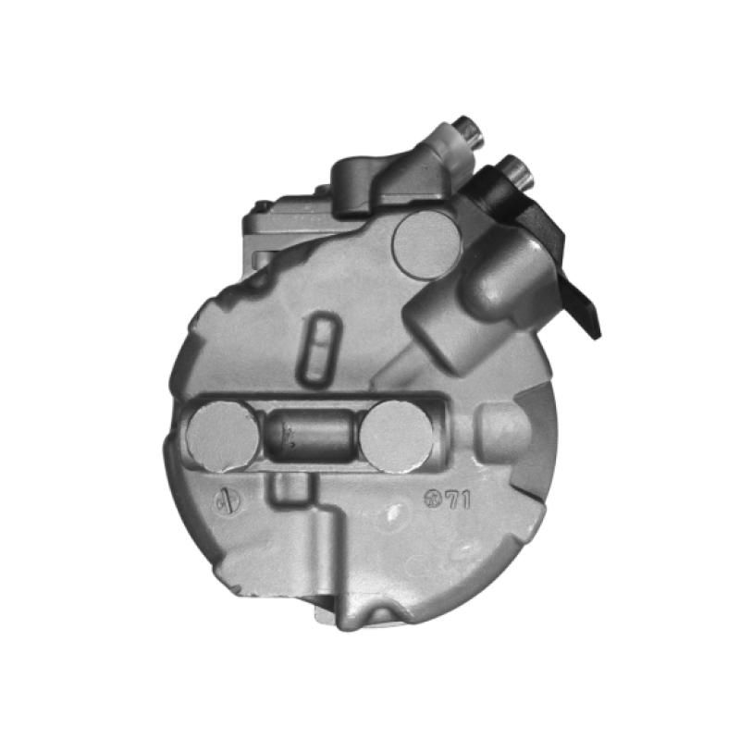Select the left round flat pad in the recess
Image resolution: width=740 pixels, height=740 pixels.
pos(223,438)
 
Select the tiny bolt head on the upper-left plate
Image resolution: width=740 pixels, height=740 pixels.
pos(263,205)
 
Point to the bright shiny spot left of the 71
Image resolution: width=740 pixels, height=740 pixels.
pos(396,512)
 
